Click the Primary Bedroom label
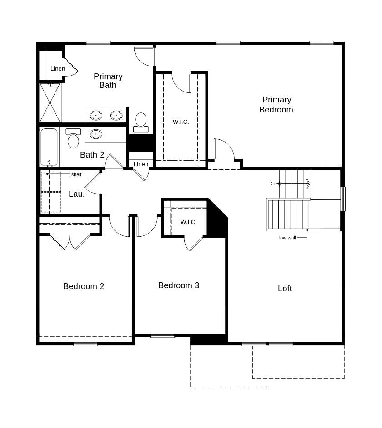[276, 105]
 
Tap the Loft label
[285, 289]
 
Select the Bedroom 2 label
[84, 286]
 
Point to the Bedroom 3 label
[179, 285]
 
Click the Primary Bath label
[108, 81]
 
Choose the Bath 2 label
[92, 155]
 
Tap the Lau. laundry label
[77, 194]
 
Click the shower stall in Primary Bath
[50, 102]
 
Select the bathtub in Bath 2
[49, 147]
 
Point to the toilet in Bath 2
[73, 139]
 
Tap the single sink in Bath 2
[96, 134]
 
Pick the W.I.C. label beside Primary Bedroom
[181, 122]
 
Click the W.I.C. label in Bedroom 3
[188, 222]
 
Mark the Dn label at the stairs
[272, 183]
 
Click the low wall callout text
[287, 238]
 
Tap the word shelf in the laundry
[76, 174]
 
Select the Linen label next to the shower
[58, 69]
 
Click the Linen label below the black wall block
[141, 164]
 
